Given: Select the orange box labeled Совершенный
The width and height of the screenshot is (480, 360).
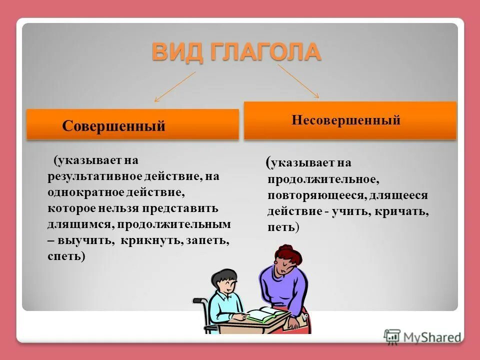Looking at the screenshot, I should (132, 124).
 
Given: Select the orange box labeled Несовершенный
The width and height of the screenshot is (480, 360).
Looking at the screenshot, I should (350, 120).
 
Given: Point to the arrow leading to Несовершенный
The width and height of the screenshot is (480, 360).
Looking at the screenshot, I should (298, 80).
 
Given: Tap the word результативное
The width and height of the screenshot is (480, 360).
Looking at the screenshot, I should (95, 176).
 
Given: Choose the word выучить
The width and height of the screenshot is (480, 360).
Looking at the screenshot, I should (81, 240).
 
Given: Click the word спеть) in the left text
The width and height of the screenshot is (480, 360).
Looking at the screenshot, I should (66, 256).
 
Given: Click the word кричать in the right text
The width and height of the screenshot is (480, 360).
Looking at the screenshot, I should (402, 211).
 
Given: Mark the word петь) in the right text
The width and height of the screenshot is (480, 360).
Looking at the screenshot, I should (283, 227).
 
